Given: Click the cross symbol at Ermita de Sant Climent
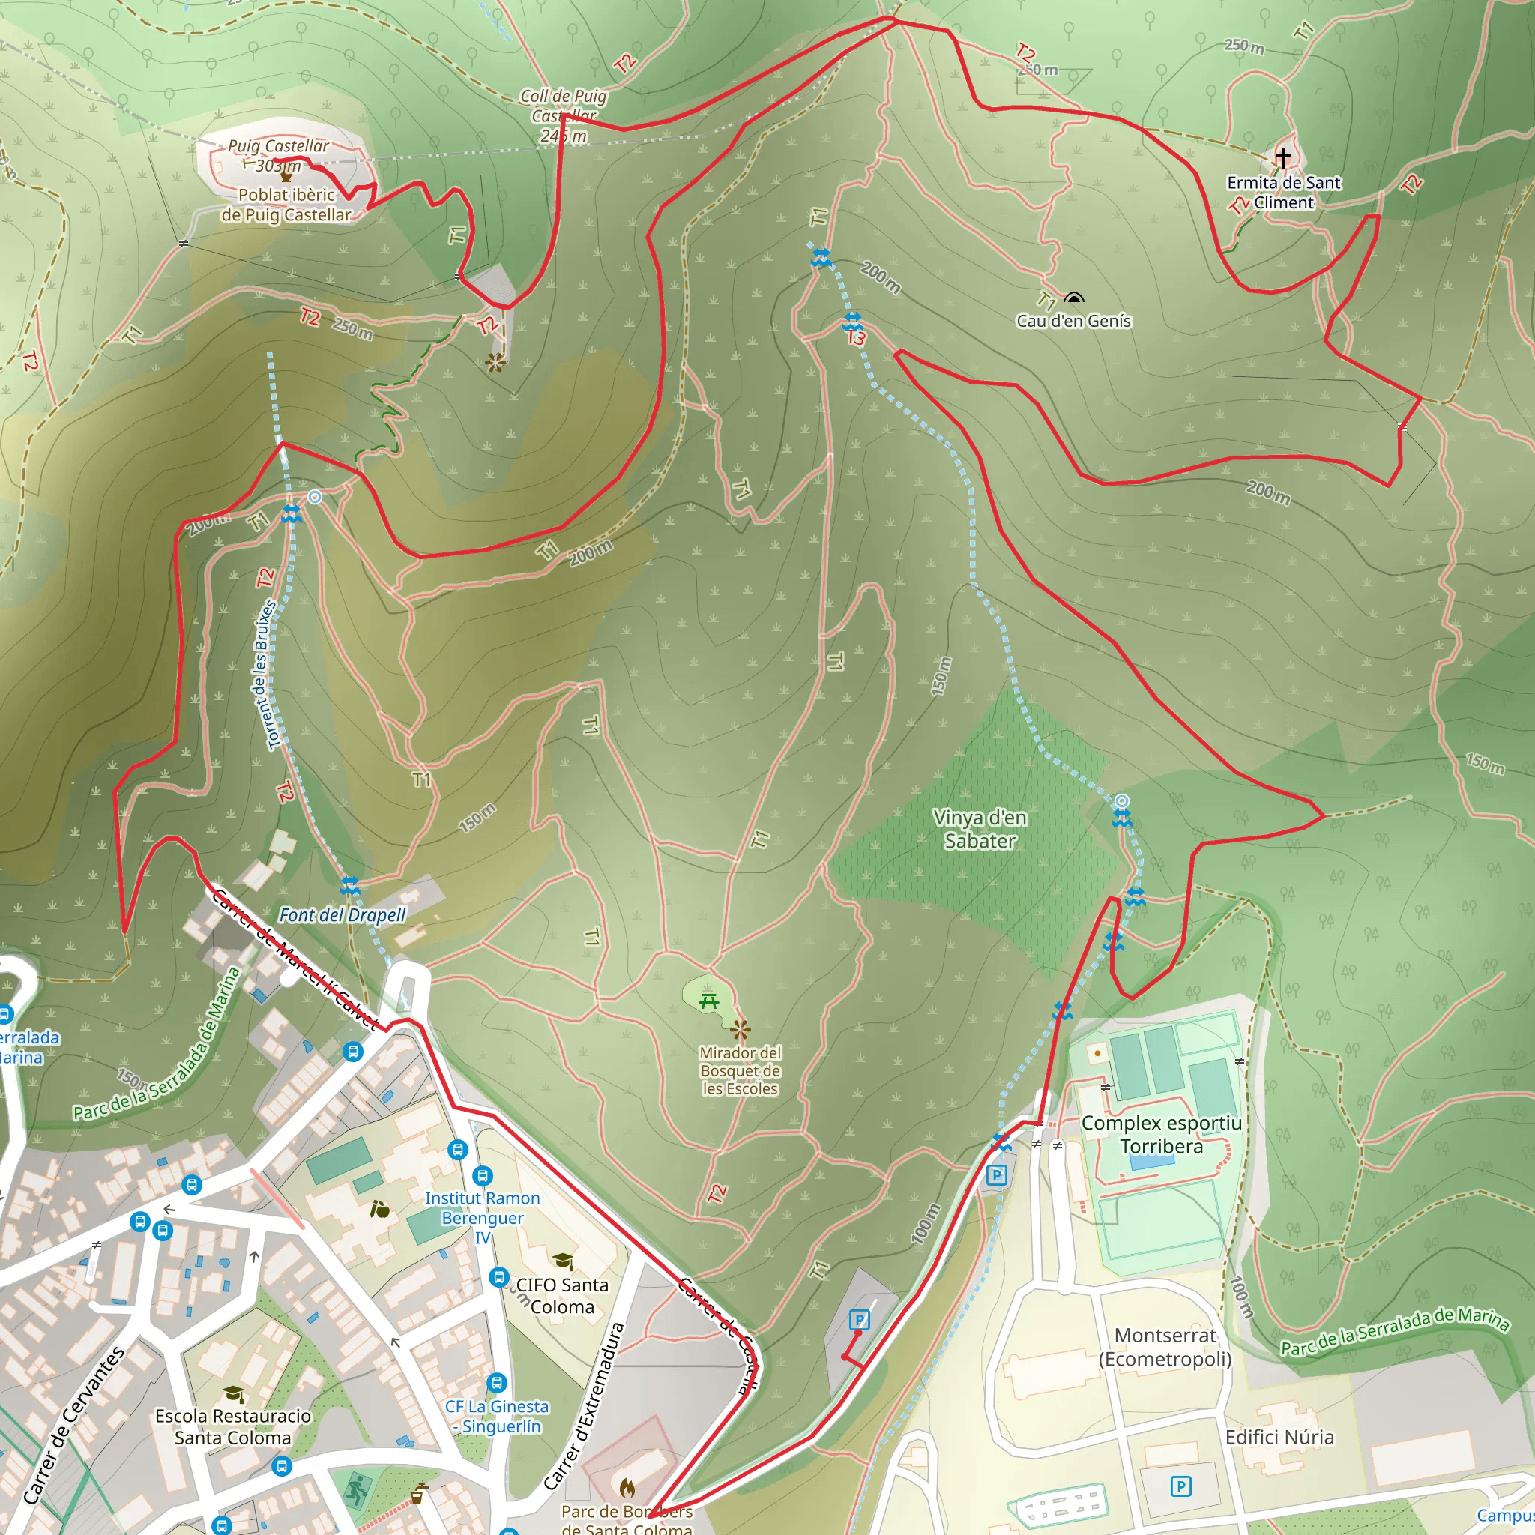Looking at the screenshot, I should (x=1283, y=157).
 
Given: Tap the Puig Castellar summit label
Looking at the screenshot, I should (x=278, y=156).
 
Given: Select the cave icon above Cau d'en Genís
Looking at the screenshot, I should (x=1073, y=298).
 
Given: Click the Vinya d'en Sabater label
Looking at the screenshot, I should (x=980, y=829).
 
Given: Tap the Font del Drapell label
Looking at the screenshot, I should (x=343, y=915).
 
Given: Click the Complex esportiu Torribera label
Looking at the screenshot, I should (x=1162, y=1134).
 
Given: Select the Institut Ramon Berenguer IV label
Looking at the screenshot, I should (x=482, y=1218).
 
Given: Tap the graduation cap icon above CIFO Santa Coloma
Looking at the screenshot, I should (x=563, y=1261).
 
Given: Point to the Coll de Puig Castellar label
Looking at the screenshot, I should (x=564, y=116).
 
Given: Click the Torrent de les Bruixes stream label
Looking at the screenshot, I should (x=267, y=675).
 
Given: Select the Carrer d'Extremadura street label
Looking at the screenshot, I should (x=585, y=1406).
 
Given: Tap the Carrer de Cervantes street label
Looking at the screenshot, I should (x=74, y=1423).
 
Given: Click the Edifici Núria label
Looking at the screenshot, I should (x=1279, y=1437).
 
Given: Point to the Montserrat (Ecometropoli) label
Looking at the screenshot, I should (x=1165, y=1347).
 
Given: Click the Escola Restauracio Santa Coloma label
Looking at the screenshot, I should (x=233, y=1426).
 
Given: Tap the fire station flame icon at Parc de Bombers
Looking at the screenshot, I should (x=627, y=1485).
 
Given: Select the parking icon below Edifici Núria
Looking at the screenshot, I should (x=1180, y=1486).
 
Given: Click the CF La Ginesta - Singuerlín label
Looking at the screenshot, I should (x=497, y=1416).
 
